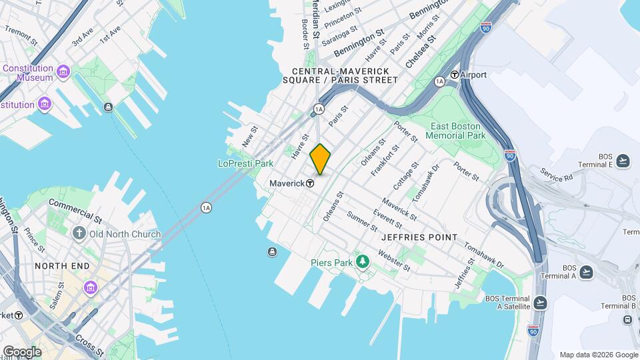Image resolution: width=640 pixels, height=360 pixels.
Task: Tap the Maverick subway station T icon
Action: point(310,183)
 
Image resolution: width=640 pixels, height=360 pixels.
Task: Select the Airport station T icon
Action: point(455,75)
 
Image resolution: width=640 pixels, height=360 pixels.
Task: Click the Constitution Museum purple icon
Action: point(63,71)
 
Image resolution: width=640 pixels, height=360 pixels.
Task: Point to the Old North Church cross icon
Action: point(79,233)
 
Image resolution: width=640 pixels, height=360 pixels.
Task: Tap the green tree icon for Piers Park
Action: point(363,261)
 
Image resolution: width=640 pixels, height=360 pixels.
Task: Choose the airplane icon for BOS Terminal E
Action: point(623,160)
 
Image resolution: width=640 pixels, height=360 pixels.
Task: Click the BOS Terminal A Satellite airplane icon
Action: point(541,302)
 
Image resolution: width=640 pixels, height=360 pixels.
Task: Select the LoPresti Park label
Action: point(246,163)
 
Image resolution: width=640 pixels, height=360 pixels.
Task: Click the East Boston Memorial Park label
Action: point(458,131)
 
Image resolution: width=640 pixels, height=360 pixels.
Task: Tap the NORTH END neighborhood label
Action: point(62,266)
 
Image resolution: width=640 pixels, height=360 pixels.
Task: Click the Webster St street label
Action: point(393,261)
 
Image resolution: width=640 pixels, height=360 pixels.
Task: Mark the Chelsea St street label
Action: point(420,51)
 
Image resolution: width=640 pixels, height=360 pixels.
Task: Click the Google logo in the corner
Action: point(21,352)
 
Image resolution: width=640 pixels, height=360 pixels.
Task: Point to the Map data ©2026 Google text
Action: point(598,355)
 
